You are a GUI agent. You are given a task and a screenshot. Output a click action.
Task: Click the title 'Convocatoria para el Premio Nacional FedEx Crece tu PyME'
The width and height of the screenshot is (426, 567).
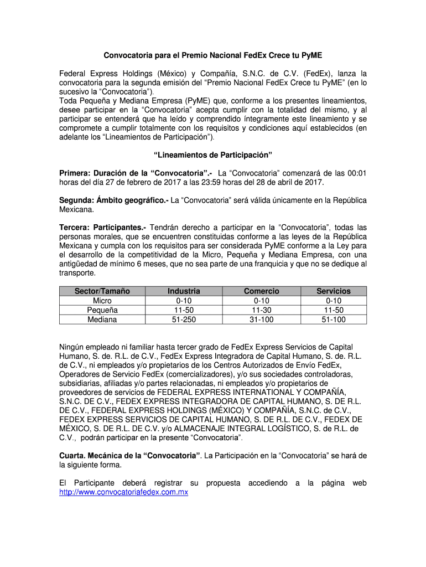point(213,56)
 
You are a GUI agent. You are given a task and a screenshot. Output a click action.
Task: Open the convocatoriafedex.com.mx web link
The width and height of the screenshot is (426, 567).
point(124,492)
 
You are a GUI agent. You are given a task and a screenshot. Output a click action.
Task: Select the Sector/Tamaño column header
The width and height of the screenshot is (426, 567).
point(102,291)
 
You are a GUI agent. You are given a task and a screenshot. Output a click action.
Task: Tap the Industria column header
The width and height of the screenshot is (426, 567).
point(184,291)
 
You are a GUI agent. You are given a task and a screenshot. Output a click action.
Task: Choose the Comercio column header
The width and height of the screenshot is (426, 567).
point(261,291)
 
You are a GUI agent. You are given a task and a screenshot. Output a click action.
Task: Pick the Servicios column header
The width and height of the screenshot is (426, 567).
point(333,291)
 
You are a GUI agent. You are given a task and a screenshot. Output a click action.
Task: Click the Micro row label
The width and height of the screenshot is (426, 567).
point(102,300)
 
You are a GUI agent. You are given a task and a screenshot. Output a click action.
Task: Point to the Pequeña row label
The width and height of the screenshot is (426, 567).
point(102,310)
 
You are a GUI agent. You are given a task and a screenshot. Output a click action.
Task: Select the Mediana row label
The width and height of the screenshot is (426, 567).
point(102,319)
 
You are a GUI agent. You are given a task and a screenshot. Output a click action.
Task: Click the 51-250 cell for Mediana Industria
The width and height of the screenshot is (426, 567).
point(184,319)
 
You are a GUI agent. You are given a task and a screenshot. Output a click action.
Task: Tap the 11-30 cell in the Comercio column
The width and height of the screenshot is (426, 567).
point(261,310)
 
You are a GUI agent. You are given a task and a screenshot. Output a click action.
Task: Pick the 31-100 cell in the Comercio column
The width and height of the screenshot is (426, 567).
point(261,319)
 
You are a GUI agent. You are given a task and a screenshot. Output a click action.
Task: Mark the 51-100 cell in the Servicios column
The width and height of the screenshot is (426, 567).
point(333,319)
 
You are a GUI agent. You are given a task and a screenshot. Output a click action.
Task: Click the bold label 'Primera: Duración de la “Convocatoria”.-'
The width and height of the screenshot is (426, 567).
point(138,173)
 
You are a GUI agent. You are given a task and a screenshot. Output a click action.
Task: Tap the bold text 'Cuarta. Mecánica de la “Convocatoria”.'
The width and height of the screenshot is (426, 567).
point(130,456)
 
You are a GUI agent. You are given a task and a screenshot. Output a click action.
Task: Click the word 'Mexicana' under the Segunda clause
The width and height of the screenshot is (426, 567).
point(77,210)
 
